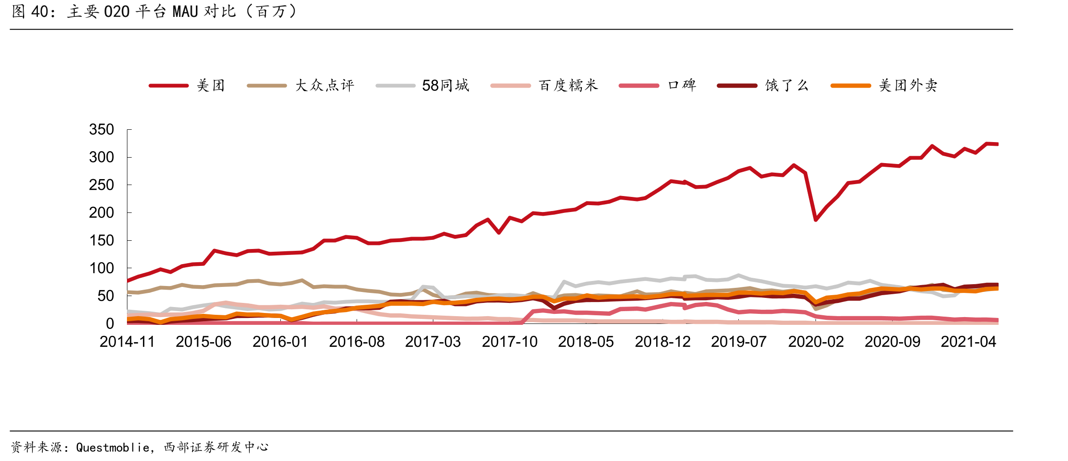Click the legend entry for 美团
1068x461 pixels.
pyautogui.click(x=187, y=85)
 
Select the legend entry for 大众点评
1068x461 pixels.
pyautogui.click(x=300, y=85)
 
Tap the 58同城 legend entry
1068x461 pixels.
pyautogui.click(x=422, y=85)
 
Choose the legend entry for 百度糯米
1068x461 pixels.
pyautogui.click(x=544, y=85)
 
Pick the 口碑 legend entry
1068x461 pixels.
pyautogui.click(x=658, y=85)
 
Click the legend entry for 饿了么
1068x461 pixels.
pyautogui.click(x=763, y=85)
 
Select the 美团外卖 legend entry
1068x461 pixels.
pyautogui.click(x=884, y=85)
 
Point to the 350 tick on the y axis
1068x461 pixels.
pyautogui.click(x=101, y=130)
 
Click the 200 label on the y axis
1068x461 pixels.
pyautogui.click(x=101, y=213)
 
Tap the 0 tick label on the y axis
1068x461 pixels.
pyautogui.click(x=110, y=324)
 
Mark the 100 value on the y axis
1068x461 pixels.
pyautogui.click(x=101, y=269)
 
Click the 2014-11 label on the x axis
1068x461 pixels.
pyautogui.click(x=127, y=342)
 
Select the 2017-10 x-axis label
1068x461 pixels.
pyautogui.click(x=510, y=342)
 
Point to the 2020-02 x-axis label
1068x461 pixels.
pyautogui.click(x=816, y=342)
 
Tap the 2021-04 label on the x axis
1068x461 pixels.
pyautogui.click(x=968, y=342)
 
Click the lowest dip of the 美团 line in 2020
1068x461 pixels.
pyautogui.click(x=816, y=220)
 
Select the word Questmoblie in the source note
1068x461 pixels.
pyautogui.click(x=113, y=447)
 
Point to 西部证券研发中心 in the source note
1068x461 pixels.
pyautogui.click(x=216, y=447)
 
